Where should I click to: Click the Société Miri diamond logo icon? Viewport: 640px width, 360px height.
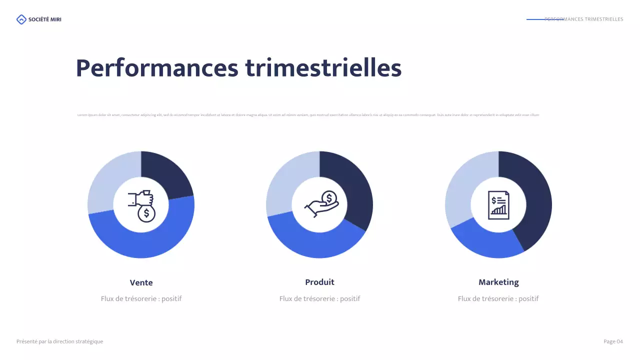coord(21,19)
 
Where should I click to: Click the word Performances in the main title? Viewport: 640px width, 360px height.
coord(157,68)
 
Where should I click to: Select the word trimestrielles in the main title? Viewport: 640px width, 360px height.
coord(323,68)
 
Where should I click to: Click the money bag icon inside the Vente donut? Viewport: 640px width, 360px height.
coord(141,205)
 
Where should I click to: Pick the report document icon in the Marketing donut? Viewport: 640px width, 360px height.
coord(498,205)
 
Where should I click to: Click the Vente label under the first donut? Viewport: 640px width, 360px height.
coord(141,282)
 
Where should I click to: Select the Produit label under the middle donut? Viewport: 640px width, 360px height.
coord(319,282)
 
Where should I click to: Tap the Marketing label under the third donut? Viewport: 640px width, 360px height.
coord(498,282)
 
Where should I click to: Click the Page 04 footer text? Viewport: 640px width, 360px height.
coord(613,341)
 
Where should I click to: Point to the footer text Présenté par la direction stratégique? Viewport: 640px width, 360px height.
coord(59,341)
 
